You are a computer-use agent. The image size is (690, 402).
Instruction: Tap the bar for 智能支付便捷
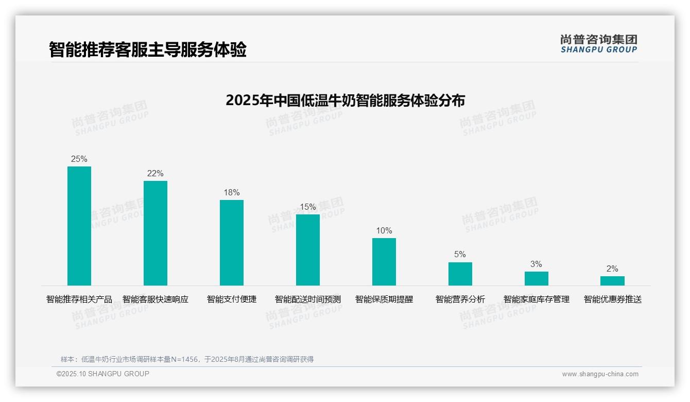tap(232, 243)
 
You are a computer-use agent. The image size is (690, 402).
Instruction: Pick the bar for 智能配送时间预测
tap(308, 250)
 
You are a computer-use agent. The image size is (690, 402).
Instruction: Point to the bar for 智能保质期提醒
tap(384, 262)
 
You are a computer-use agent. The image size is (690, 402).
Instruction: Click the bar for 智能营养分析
tap(460, 274)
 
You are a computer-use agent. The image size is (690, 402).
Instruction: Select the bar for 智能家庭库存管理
tap(537, 278)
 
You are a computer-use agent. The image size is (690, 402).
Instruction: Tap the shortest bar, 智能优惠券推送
tap(612, 281)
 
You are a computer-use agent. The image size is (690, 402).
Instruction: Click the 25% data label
tap(79, 159)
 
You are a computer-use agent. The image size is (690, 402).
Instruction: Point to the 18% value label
tap(232, 193)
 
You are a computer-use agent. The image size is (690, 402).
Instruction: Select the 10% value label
tap(384, 231)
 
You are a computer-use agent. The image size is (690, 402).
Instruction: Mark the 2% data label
tap(612, 269)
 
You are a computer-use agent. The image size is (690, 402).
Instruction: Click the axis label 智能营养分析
tap(460, 299)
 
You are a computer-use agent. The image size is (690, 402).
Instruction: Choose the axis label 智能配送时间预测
tap(308, 299)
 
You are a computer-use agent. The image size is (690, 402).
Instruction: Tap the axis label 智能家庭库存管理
tap(537, 299)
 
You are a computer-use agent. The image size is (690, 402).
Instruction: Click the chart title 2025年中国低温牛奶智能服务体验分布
tap(345, 100)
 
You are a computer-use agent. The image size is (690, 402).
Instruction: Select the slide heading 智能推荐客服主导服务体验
tap(148, 49)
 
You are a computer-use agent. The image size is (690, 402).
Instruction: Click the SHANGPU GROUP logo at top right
tap(598, 44)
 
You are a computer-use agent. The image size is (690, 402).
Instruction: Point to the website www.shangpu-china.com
tap(600, 374)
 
